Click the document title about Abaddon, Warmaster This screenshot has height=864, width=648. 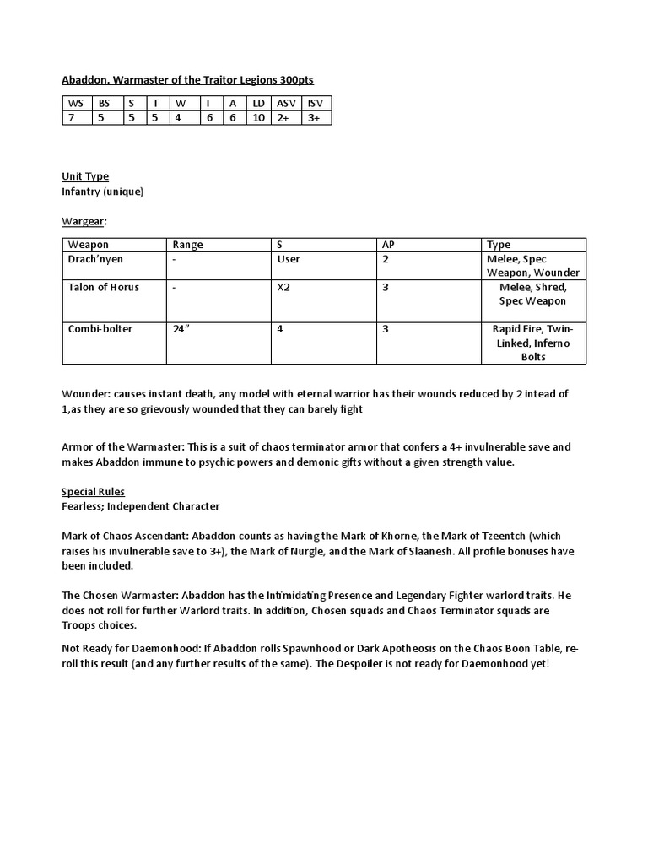[187, 79]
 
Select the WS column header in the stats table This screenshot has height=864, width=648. [76, 103]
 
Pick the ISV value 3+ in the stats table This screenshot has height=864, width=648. [314, 118]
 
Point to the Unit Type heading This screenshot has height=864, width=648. [85, 176]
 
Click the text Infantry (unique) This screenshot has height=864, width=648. [103, 192]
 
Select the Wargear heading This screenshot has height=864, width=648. [84, 220]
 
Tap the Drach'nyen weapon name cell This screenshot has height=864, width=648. [94, 259]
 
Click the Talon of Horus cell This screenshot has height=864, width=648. [103, 287]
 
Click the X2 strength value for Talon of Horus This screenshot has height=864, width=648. [284, 287]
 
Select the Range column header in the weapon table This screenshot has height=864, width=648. [187, 245]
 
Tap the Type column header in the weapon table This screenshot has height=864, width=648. [499, 245]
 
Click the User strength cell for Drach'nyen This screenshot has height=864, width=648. [289, 259]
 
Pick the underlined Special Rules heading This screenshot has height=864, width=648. [93, 492]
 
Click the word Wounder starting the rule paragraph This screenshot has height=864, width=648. [85, 394]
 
